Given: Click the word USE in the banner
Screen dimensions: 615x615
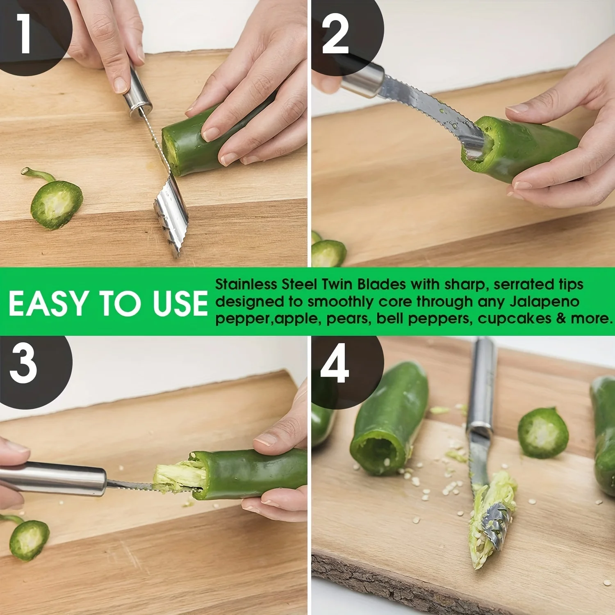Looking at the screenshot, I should point(180,304).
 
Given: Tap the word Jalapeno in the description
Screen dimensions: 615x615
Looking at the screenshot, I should point(544,301).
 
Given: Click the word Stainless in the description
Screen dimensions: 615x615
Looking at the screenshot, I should point(246,284).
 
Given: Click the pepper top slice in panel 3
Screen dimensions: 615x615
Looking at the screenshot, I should point(29,539).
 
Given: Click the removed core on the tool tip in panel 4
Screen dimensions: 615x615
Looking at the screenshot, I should point(492,521).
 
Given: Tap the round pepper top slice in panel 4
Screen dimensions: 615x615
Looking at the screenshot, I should point(543,433).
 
